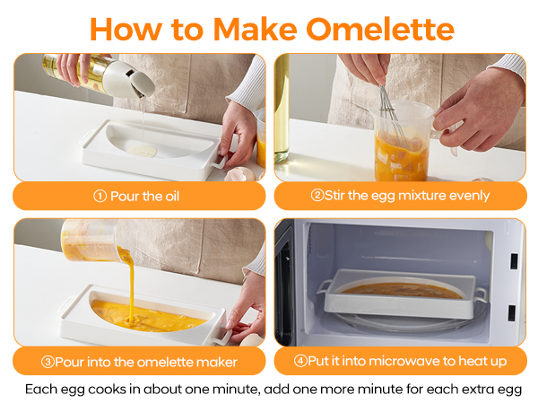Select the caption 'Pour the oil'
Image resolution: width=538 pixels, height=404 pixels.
pos(150,196)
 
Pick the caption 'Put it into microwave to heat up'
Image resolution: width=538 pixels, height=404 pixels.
pos(400,362)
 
